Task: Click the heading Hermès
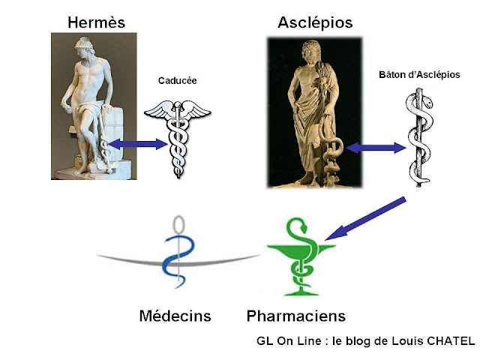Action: point(95,22)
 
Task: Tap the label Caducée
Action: point(177,79)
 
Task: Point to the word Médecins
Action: point(175,315)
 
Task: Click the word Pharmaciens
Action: point(296,315)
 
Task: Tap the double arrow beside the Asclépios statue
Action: point(375,148)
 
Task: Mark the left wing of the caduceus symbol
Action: point(158,111)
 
